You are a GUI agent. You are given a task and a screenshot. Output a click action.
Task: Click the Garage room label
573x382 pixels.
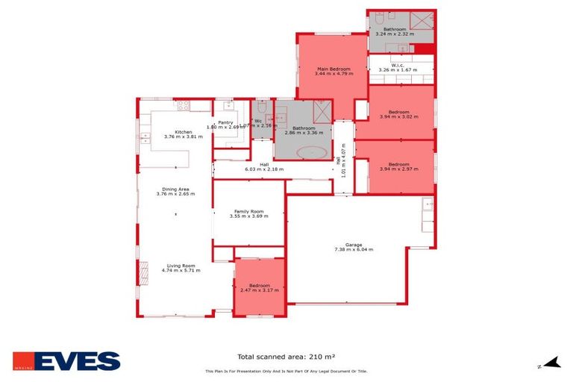354,244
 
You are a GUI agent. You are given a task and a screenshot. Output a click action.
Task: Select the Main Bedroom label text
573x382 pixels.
332,69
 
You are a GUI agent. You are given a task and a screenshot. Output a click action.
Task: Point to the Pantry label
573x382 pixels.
225,122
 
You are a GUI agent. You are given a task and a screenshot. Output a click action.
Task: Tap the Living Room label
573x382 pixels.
181,266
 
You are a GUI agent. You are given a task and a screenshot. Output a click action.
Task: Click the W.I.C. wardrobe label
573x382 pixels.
396,64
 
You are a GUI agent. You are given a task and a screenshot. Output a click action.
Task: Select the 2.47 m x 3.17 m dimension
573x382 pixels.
259,289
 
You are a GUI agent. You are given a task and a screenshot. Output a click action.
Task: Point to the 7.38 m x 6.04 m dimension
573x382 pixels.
354,249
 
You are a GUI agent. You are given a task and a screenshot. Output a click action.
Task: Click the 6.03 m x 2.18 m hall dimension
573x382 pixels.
264,169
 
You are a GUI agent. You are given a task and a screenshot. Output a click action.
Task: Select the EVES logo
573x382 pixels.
66,362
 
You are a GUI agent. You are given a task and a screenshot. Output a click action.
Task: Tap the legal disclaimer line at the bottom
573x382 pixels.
286,372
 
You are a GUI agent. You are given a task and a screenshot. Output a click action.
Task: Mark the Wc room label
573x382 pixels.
258,120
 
